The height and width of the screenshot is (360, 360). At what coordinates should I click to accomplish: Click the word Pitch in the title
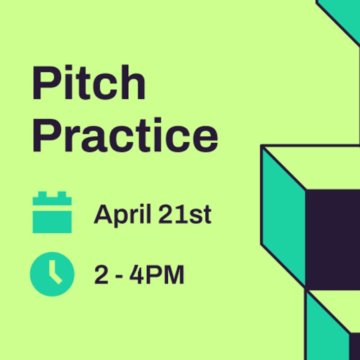[88, 84]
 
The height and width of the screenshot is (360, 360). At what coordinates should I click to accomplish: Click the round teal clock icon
[52, 274]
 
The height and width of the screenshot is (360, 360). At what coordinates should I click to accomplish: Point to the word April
[121, 215]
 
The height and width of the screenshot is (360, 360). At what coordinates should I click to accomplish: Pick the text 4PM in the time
[157, 275]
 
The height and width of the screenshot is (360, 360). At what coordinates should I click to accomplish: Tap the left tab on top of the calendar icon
[42, 195]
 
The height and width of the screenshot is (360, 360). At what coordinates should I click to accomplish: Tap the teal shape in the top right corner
[342, 11]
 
